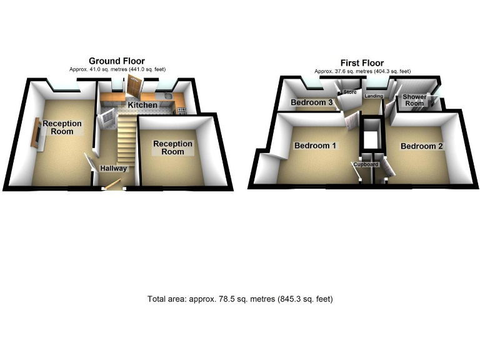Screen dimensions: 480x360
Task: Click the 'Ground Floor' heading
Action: coord(117,61)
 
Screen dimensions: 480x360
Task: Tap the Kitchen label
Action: coord(143,105)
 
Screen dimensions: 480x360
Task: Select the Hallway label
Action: coord(114,168)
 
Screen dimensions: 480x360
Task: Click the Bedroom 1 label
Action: coord(316,146)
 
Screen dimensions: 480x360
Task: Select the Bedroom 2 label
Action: coord(422,146)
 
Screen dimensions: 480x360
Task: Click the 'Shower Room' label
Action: coord(414,100)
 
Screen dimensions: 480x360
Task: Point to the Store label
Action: coord(349,92)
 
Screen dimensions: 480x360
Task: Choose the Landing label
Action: coord(374,96)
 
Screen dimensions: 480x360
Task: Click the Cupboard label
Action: coord(366,164)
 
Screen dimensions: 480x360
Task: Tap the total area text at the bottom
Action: coord(240,299)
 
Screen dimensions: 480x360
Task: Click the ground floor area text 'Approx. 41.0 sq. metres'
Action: coord(117,69)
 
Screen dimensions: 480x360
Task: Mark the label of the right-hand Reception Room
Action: coord(173,147)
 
